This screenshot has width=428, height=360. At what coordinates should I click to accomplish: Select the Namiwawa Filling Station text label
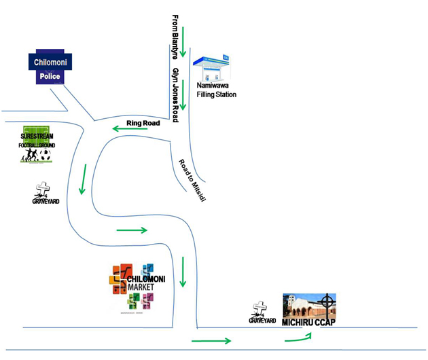tap(216, 91)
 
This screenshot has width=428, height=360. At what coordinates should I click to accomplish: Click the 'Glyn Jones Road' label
tap(175, 94)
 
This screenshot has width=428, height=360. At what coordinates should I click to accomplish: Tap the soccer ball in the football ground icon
tap(45, 156)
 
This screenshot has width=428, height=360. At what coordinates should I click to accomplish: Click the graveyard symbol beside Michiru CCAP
tap(260, 310)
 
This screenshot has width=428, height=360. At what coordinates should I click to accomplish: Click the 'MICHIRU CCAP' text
tap(309, 322)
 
